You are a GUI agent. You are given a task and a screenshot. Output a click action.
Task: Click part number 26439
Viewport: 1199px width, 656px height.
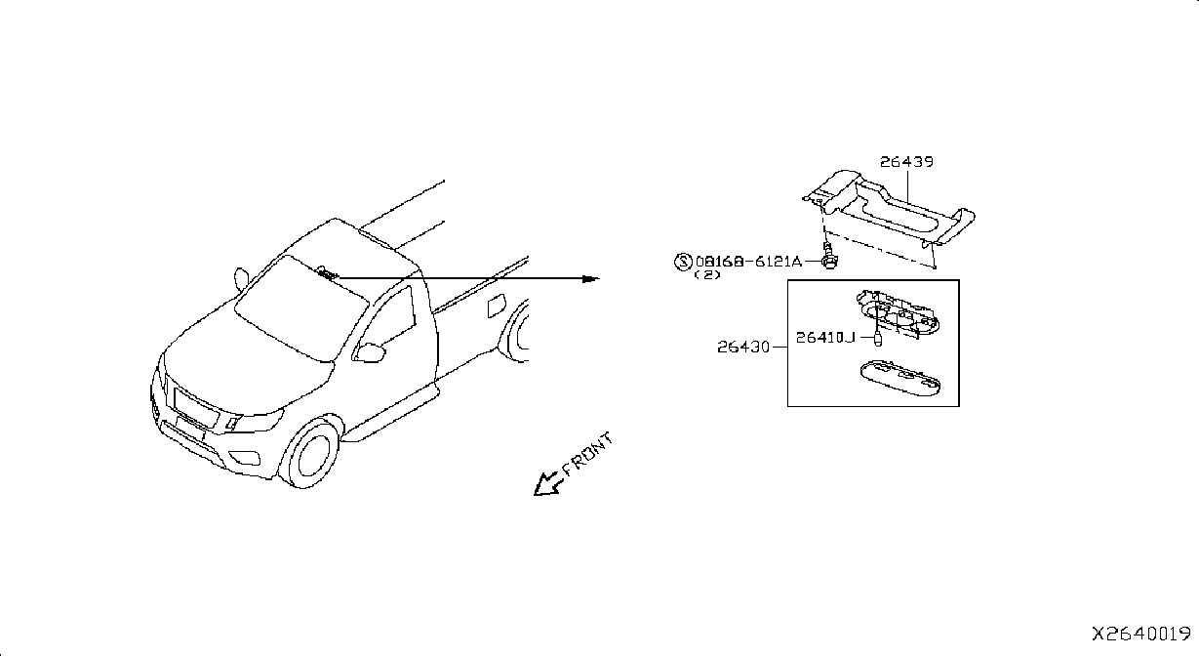tap(906, 161)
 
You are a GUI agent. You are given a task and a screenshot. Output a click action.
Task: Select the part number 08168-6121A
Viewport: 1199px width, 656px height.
tap(748, 262)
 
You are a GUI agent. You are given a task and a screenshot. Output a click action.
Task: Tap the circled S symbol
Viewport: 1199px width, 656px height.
tap(683, 262)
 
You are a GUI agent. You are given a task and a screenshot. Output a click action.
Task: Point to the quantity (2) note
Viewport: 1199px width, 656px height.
tap(707, 274)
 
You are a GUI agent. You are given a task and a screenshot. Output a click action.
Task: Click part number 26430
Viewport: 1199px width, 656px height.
tap(743, 347)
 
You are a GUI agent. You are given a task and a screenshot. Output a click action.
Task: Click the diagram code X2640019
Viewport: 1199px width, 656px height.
tap(1140, 635)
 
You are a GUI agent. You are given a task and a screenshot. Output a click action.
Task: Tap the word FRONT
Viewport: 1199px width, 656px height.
tap(587, 454)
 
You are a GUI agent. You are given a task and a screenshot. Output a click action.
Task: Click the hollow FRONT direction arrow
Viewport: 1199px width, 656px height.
tap(548, 484)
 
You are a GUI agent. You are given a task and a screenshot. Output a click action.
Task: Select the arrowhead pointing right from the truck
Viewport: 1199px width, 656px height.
tap(591, 278)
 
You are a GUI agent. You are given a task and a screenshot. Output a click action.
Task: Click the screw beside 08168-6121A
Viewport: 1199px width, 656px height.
tap(829, 256)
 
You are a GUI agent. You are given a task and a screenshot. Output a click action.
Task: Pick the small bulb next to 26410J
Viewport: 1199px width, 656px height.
tap(877, 339)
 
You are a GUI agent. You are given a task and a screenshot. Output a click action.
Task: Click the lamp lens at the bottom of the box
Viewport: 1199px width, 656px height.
tap(900, 378)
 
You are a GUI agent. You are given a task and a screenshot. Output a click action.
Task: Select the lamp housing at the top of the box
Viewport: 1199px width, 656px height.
tap(899, 313)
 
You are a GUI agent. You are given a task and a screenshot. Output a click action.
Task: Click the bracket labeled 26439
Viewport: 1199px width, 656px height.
tap(889, 212)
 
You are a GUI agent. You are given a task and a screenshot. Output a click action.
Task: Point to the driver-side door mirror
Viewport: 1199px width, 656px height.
tap(370, 353)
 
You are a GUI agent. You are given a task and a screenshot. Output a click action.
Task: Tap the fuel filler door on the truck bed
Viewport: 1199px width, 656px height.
tap(497, 306)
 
